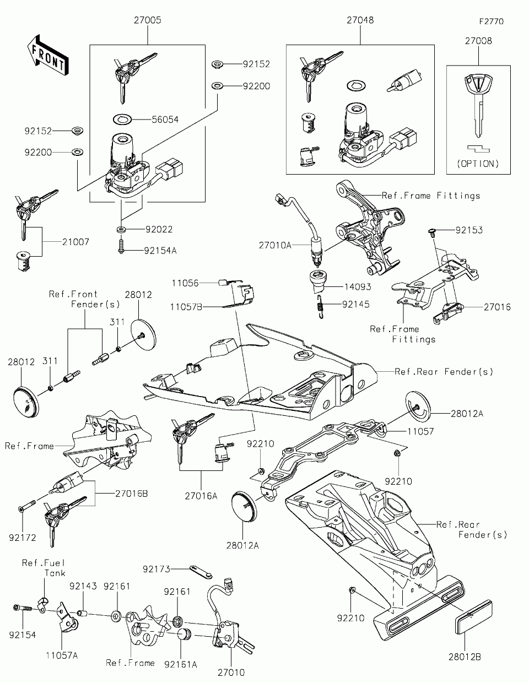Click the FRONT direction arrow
[x=47, y=55]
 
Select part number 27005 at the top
[x=148, y=20]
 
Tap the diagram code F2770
[x=492, y=21]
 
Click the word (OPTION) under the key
[x=478, y=164]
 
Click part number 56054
[x=165, y=120]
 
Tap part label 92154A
[x=160, y=251]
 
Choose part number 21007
[x=75, y=242]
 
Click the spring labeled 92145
[x=320, y=307]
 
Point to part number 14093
[x=358, y=286]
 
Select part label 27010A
[x=275, y=245]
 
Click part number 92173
[x=156, y=569]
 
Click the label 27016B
[x=131, y=494]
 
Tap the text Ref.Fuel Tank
[x=44, y=568]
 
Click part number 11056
[x=185, y=283]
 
